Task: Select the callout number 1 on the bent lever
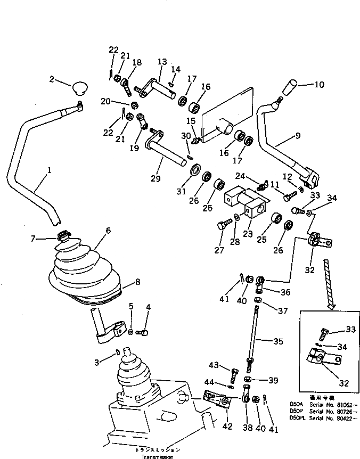point(48,171)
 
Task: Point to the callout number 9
point(298,136)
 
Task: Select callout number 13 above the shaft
point(161,62)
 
